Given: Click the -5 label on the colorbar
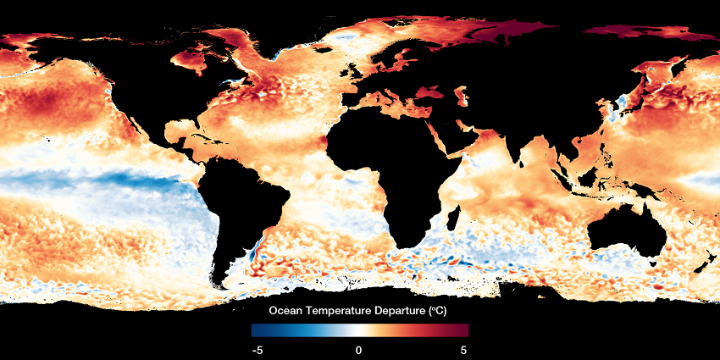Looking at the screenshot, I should [x=256, y=350].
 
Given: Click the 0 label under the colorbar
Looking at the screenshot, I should [x=359, y=350].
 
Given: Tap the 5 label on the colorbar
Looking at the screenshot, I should [x=463, y=350].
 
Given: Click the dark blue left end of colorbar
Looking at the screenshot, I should [x=255, y=330].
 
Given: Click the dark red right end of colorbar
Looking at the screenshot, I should [x=464, y=330].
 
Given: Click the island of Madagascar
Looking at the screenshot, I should [x=453, y=218].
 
